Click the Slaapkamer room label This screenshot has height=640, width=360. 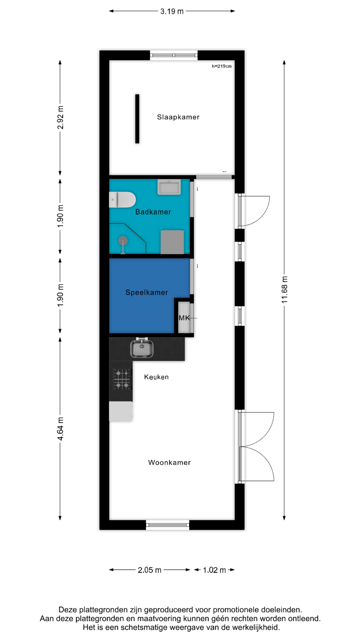coord(178,117)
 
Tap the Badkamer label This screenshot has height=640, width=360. coord(153,212)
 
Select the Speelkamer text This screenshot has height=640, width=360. coord(147,292)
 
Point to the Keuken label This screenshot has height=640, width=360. coord(156,377)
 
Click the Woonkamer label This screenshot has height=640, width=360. coord(169,462)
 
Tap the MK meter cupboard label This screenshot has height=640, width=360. coord(184,318)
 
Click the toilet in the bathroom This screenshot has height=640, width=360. coord(122,200)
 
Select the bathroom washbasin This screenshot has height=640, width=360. coord(169,187)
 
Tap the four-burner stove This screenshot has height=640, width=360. coord(122,379)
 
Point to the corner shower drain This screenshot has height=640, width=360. coord(123,240)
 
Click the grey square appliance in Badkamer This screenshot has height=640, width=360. coord(172,242)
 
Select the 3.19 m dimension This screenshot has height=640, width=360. coord(172,11)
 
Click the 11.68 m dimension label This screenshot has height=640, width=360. coord(284,290)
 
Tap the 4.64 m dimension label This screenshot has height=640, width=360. coord(60,429)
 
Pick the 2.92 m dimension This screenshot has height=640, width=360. coord(60,117)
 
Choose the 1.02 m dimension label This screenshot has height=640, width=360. coord(214,570)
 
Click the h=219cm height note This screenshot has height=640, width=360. coord(222,66)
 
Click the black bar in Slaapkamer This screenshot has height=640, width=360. coord(137,119)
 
